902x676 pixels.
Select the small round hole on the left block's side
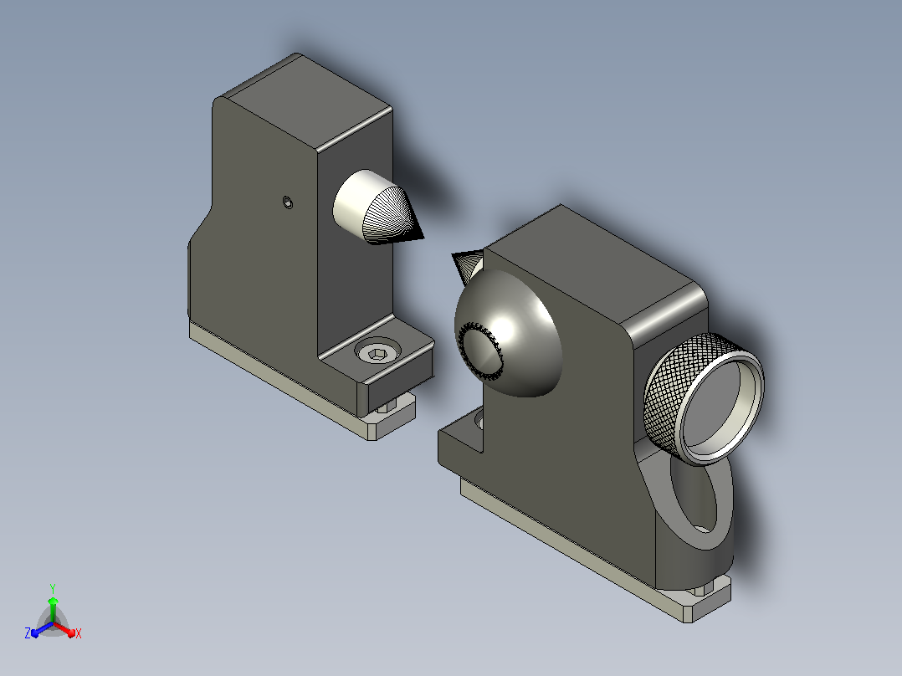288,202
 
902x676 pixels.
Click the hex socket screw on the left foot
377,351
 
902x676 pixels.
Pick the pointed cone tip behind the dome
454,255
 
